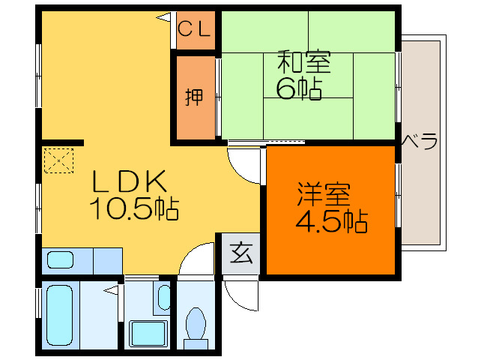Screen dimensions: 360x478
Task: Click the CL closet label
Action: point(196,30)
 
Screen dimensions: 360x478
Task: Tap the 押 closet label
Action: point(194,97)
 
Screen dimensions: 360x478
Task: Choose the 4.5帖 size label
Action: point(331,222)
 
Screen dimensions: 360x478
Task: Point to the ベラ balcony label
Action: point(420,140)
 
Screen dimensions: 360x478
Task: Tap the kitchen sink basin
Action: point(61,260)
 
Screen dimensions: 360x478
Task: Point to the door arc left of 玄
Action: point(200,259)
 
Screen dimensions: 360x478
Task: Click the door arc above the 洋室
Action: point(245,163)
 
